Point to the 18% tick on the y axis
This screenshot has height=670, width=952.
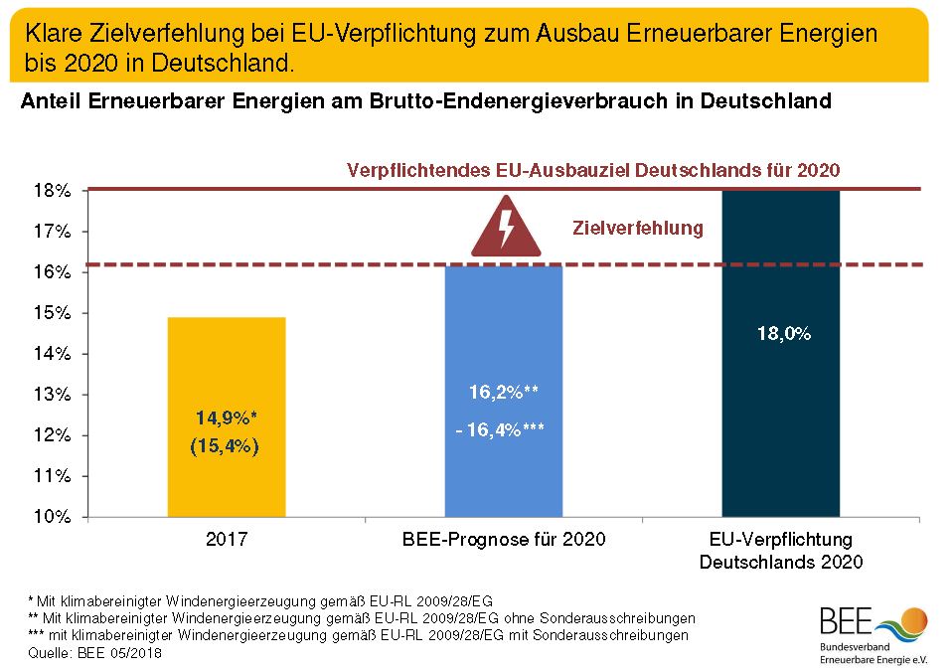tap(55, 190)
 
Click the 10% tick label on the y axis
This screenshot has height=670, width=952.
tap(55, 517)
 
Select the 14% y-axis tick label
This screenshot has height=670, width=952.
tap(55, 354)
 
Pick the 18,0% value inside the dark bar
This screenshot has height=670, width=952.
tap(782, 335)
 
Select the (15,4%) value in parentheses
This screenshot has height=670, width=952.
tap(225, 446)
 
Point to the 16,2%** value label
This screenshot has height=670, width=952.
tap(504, 392)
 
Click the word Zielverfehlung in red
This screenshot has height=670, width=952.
tap(638, 229)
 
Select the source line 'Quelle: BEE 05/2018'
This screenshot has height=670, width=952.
tap(94, 653)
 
